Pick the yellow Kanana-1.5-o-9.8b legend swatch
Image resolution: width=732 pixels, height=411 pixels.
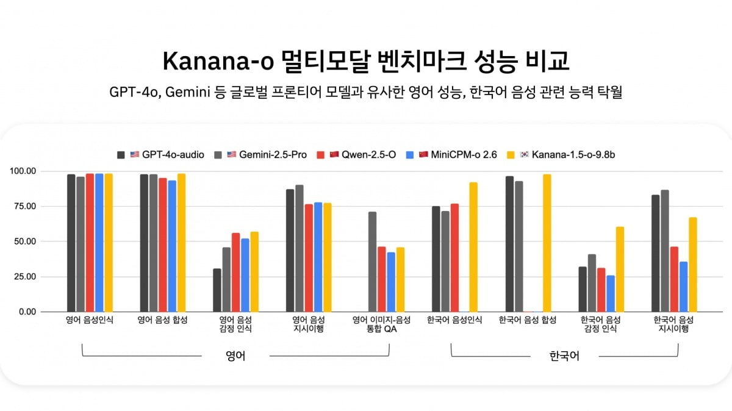click(x=511, y=154)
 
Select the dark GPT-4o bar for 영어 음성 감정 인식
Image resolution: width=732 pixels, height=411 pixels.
click(x=217, y=290)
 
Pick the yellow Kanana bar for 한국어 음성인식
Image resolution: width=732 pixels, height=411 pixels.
click(x=473, y=247)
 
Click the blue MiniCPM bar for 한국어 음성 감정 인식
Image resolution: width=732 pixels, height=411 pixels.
click(x=611, y=294)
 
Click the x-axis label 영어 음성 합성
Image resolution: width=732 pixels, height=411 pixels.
click(x=162, y=320)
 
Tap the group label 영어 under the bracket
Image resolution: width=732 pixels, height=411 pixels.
click(x=235, y=356)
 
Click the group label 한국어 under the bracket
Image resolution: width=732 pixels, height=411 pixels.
click(x=564, y=356)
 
